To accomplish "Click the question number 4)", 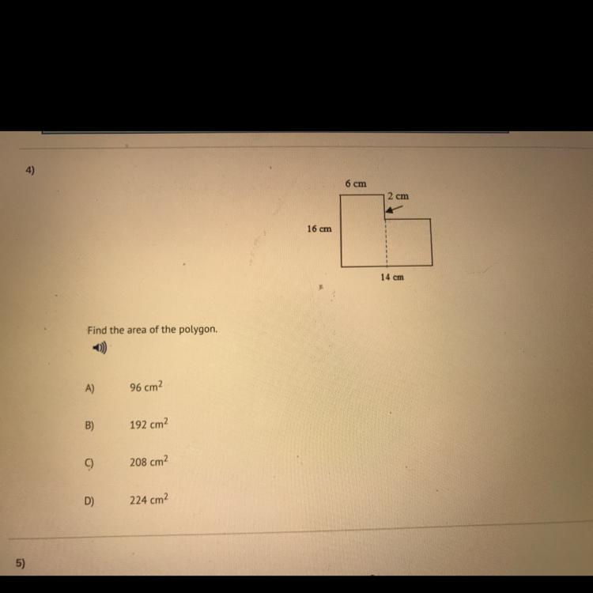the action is pos(30,171).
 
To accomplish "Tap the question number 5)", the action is pos(21,564).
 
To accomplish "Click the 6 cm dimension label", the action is pos(356,183).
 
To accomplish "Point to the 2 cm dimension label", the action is pos(398,196).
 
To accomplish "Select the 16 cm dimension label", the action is pos(319,229).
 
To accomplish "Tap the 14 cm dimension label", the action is pos(392,278).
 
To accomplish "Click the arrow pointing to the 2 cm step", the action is pos(394,210).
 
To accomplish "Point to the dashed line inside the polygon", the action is pos(387,243).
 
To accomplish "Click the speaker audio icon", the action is pos(100,347).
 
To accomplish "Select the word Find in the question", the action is pos(97,330).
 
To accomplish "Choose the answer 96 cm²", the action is pos(146,387).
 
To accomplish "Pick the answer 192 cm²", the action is pos(149,424).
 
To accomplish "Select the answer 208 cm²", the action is pos(149,462).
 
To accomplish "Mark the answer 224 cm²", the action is pos(149,499).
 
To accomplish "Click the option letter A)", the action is pos(89,388).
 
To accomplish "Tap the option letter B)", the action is pos(89,425).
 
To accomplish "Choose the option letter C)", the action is pos(89,463).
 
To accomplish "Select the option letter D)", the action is pos(89,501).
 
